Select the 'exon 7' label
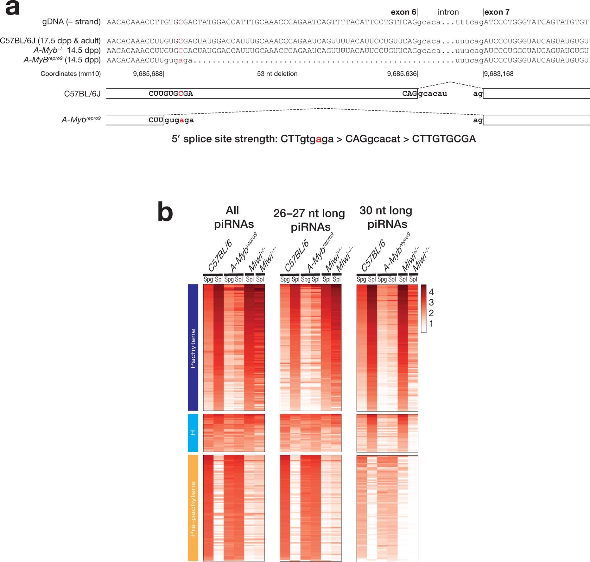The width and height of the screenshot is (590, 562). (497, 12)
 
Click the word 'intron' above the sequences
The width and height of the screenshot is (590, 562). (448, 12)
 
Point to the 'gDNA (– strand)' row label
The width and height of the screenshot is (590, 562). (72, 22)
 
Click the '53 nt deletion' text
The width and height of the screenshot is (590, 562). (277, 74)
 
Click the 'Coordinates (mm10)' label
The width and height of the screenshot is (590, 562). (71, 74)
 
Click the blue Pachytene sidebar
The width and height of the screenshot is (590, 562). (193, 348)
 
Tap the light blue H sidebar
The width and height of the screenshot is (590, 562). (193, 432)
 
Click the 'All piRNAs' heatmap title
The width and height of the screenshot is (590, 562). (234, 217)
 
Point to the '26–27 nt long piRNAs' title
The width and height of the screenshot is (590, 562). (309, 220)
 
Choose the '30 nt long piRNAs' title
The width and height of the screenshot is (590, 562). (386, 217)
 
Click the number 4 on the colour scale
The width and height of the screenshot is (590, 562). (431, 292)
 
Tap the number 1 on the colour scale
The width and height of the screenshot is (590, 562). (431, 323)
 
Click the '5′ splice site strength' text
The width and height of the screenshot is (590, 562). (324, 139)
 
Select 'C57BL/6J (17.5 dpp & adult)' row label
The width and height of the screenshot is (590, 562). (50, 41)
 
